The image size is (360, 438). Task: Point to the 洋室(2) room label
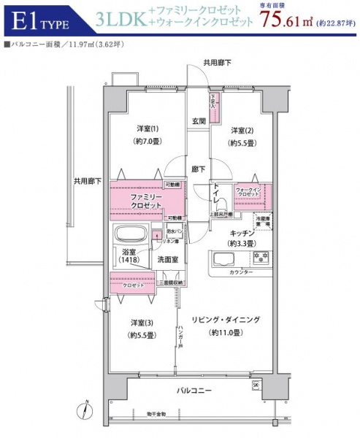click(242, 131)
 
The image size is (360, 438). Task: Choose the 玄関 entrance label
click(199, 120)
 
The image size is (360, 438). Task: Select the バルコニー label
click(194, 391)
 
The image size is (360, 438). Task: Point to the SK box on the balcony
click(256, 384)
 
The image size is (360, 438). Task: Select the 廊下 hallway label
click(197, 169)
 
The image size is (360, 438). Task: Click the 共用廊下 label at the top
click(217, 64)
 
